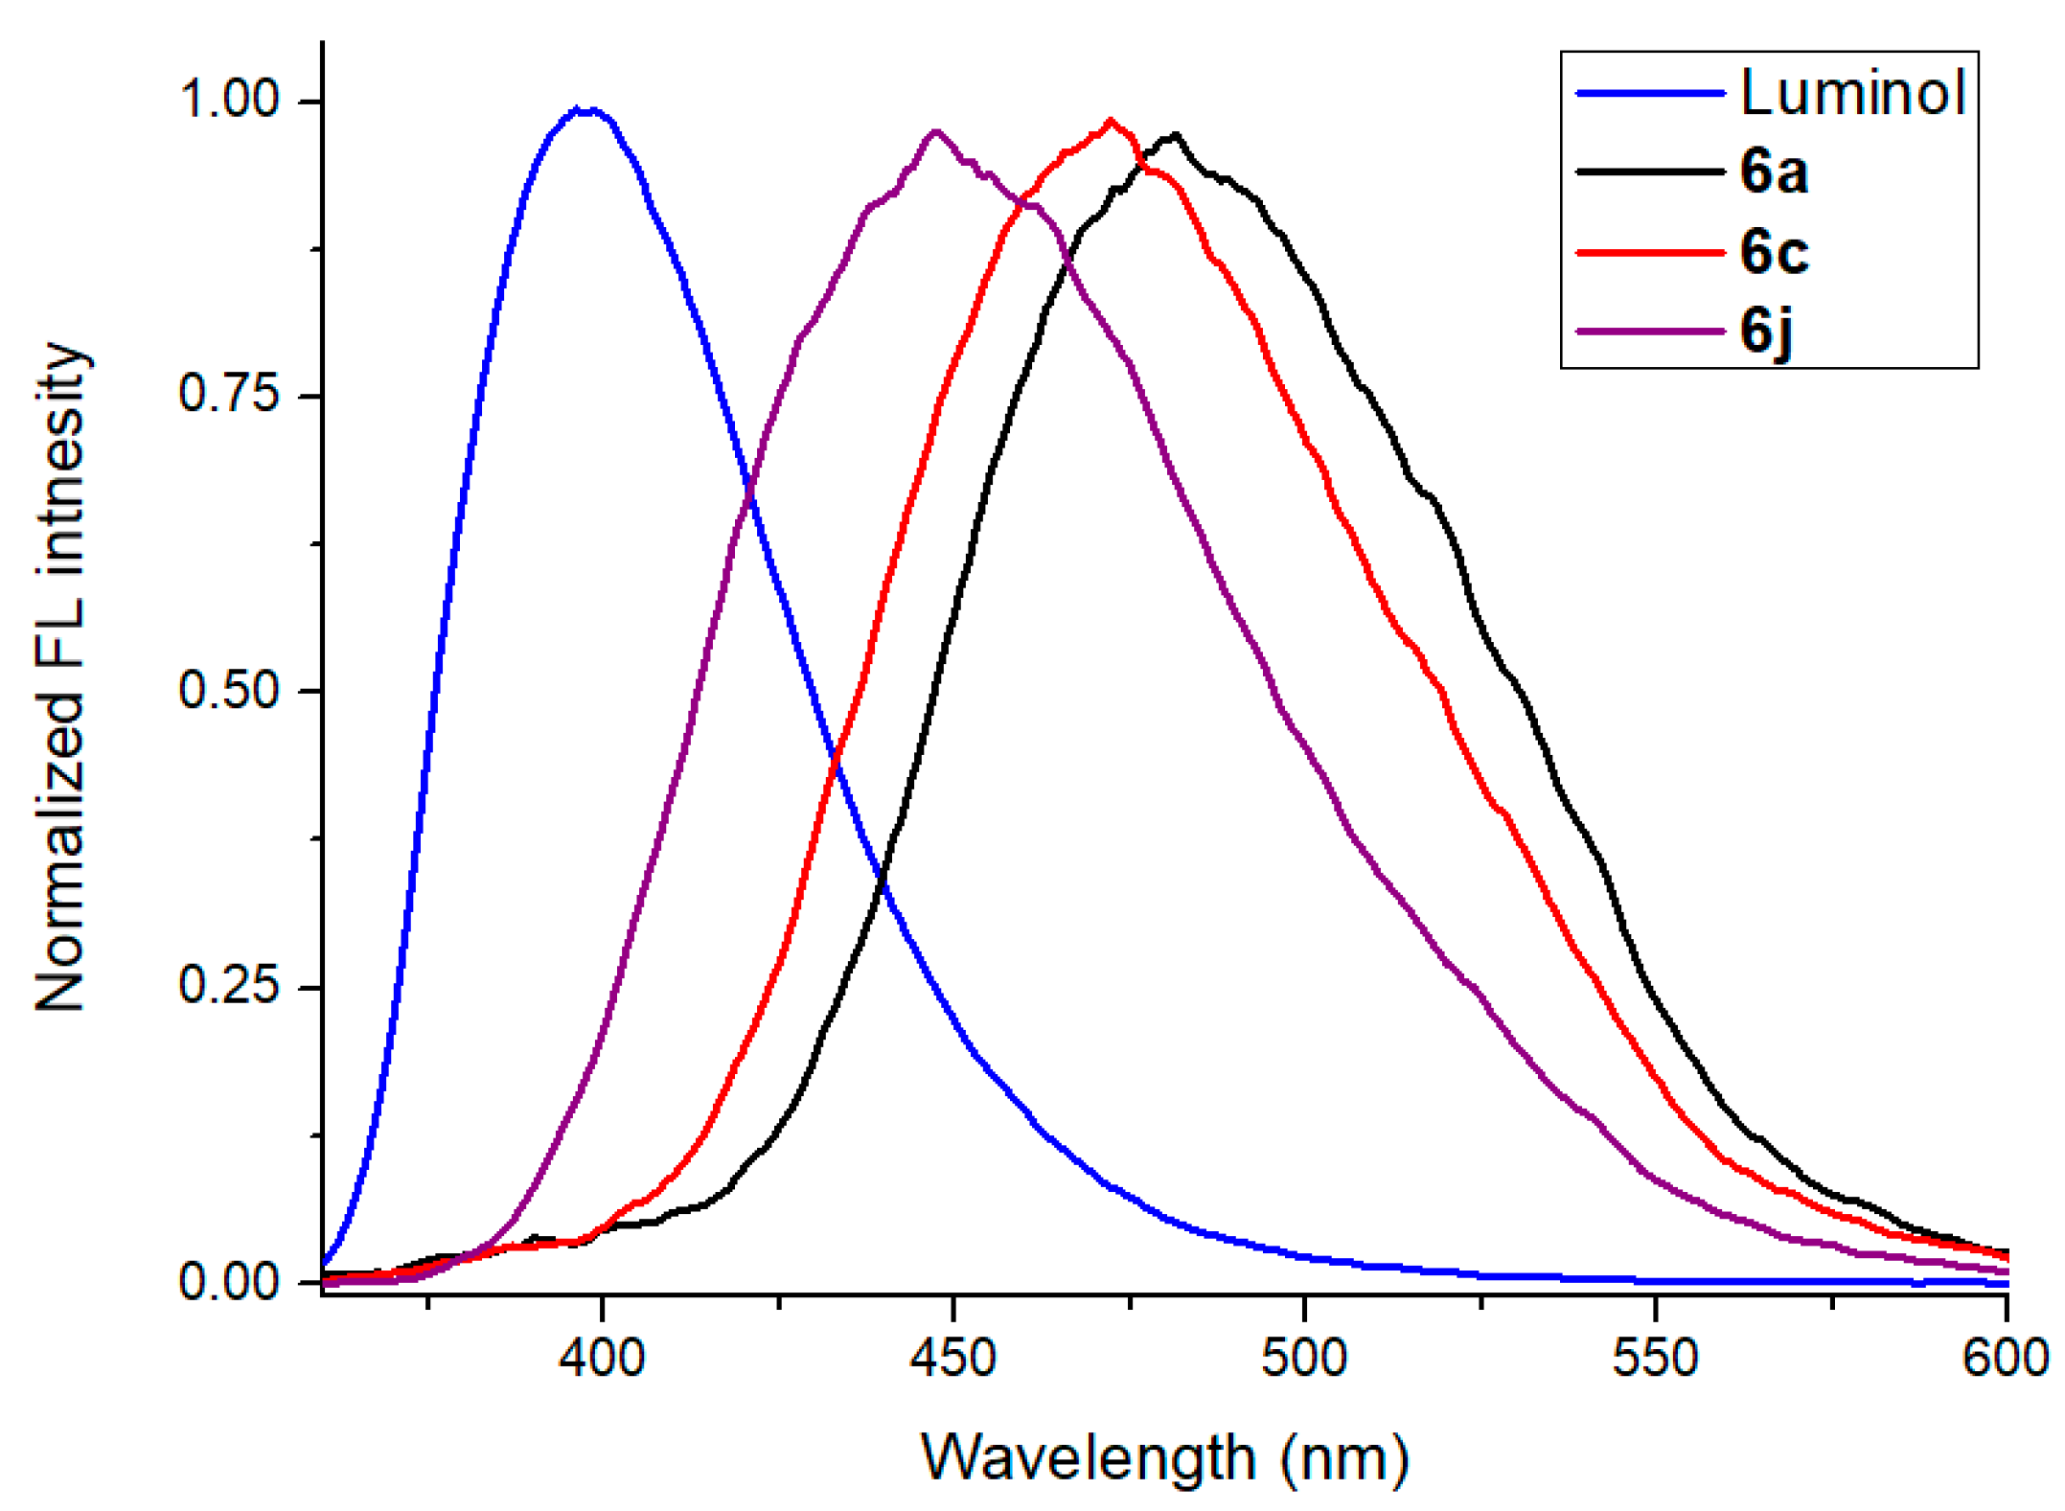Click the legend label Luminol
(1852, 93)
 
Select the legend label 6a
(1774, 172)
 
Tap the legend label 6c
(1774, 252)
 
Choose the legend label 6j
(1766, 332)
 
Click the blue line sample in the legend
(1650, 93)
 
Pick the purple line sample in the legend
(1650, 332)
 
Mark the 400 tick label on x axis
(602, 1358)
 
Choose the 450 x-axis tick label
(952, 1358)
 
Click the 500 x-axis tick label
(1304, 1358)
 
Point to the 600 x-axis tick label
(2005, 1358)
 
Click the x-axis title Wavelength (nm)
(1164, 1458)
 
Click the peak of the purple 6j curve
(936, 131)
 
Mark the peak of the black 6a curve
(1176, 136)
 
